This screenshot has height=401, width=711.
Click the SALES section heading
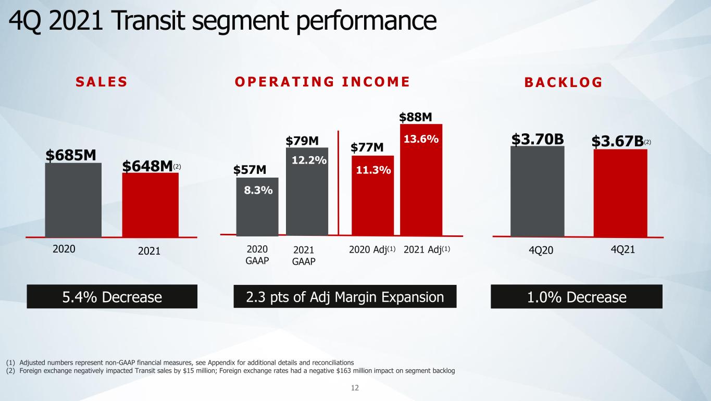(x=102, y=82)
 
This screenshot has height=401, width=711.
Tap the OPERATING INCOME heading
(x=322, y=82)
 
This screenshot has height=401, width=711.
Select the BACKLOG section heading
(x=564, y=82)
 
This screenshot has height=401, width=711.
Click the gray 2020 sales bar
(x=73, y=200)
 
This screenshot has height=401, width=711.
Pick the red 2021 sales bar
(x=151, y=205)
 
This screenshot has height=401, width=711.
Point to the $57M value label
(x=250, y=170)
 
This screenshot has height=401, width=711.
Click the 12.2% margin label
(x=309, y=160)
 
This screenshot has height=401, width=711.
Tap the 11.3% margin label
(x=373, y=170)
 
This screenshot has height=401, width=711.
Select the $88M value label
(x=416, y=117)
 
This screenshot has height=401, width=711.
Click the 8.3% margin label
(x=258, y=190)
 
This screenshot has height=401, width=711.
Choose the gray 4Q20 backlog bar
(x=538, y=191)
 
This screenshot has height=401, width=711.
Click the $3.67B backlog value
(x=617, y=141)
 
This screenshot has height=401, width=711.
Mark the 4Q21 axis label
(x=623, y=249)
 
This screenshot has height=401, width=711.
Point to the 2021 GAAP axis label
(x=304, y=256)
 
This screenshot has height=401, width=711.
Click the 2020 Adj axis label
(x=372, y=249)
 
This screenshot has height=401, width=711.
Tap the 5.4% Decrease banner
(x=112, y=297)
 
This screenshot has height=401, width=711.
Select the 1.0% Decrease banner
(x=577, y=297)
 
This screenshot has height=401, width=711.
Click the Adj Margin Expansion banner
(x=345, y=297)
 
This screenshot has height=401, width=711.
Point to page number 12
(x=355, y=387)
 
